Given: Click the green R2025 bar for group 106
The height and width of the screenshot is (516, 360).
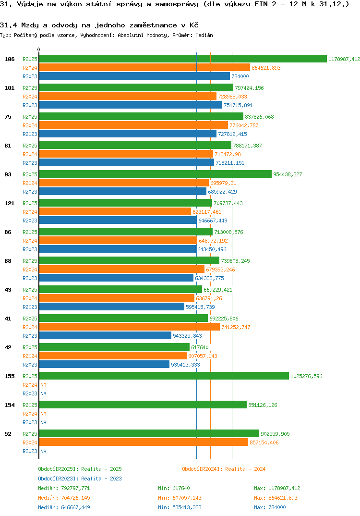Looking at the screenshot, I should click(x=182, y=59).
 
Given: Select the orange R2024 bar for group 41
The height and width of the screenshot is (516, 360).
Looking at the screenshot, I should click(x=129, y=327).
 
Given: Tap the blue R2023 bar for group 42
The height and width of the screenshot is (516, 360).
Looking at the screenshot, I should click(x=104, y=365).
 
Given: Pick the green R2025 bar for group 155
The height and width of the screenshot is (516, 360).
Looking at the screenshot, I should click(x=164, y=376).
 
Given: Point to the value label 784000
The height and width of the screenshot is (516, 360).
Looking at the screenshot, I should click(x=240, y=76).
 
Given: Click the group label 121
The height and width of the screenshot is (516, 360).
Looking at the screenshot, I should click(x=9, y=203).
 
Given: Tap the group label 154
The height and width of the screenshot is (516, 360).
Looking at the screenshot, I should click(x=9, y=405).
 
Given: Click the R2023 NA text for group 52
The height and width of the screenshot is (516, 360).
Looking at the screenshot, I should click(x=43, y=451).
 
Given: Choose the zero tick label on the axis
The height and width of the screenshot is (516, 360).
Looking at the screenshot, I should click(x=39, y=49).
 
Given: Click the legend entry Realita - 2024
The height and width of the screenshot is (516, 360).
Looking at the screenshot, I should click(x=224, y=469).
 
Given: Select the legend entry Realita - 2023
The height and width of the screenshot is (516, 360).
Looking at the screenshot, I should click(x=80, y=479).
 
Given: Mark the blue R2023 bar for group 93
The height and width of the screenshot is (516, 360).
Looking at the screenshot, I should click(x=122, y=192).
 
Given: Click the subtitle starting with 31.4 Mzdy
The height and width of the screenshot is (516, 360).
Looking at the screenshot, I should click(x=99, y=25).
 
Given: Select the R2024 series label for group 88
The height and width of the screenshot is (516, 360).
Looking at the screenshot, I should click(x=30, y=270).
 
